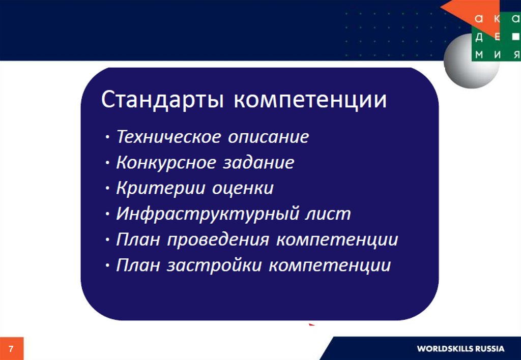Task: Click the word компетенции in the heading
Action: [310, 100]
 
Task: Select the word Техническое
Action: [169, 136]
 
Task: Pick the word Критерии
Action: [161, 188]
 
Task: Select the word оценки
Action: [243, 189]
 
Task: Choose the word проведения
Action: [218, 240]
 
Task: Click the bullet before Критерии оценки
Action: [107, 188]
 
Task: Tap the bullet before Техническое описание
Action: [107, 137]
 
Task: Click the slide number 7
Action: [11, 349]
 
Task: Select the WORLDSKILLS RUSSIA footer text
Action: [460, 349]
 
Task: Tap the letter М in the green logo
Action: [479, 54]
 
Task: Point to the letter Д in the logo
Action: [479, 37]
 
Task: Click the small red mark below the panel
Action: [312, 324]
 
